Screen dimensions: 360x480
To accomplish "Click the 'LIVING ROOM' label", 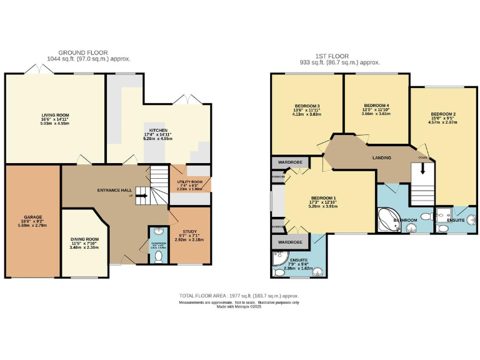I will tap(54, 115).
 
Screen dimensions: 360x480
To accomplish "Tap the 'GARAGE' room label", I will tap(32, 217).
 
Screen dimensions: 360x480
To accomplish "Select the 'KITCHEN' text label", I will tap(157, 131).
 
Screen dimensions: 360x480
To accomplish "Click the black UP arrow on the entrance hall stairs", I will tap(142, 196).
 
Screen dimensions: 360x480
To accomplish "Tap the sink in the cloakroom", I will tap(156, 231).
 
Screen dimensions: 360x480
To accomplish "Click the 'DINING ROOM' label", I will tap(84, 239).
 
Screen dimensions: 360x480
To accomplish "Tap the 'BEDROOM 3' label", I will tap(307, 106).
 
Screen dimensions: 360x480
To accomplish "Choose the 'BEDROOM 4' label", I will tap(377, 105).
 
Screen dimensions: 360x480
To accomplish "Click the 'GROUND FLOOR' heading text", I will tap(83, 52).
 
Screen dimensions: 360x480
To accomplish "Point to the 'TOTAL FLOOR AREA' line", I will tap(239, 295).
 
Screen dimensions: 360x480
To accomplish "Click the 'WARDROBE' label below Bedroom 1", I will tap(290, 241).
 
